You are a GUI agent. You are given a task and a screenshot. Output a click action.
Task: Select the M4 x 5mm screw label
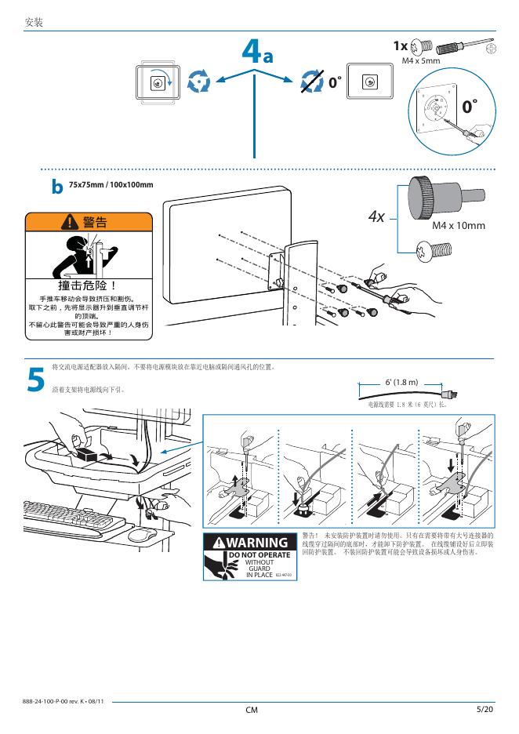[421, 60]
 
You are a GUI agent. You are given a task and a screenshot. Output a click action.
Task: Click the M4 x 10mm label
[459, 226]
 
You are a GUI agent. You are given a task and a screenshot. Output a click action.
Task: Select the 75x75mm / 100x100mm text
[111, 185]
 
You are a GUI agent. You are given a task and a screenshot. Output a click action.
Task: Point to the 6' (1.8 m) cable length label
[401, 382]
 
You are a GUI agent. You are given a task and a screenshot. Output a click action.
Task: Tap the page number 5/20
[485, 710]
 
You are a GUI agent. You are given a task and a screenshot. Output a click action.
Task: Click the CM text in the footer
[251, 710]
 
